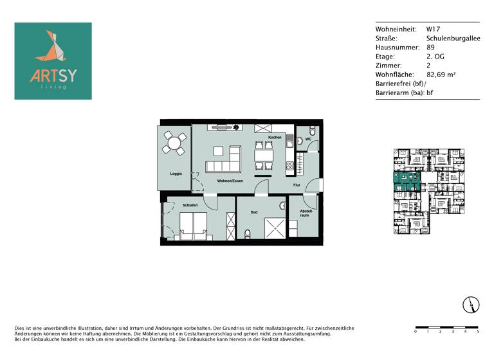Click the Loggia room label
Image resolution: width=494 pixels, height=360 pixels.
(x=176, y=174)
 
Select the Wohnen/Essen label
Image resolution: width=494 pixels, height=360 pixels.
(x=230, y=181)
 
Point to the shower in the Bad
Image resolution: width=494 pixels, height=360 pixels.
(x=275, y=227)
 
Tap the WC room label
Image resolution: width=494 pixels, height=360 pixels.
(x=309, y=139)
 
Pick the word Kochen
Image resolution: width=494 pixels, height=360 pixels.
(x=275, y=138)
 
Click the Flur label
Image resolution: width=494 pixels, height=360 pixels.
(x=297, y=185)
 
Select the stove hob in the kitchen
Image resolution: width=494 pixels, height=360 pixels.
(x=290, y=165)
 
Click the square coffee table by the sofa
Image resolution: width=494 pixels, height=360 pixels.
(x=218, y=151)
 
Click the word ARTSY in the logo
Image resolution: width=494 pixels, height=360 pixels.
(x=53, y=75)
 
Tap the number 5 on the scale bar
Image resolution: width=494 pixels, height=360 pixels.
(x=478, y=332)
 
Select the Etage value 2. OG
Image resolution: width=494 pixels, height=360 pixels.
(x=435, y=57)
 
